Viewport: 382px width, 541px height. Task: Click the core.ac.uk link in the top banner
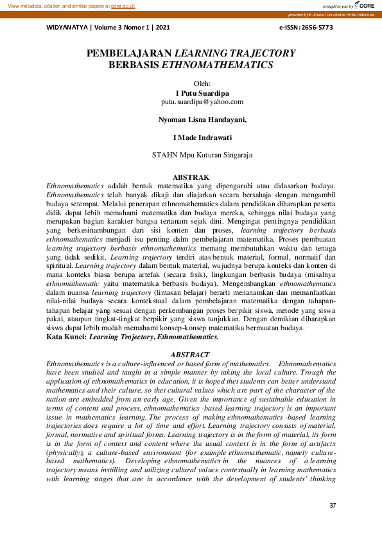tap(123, 5)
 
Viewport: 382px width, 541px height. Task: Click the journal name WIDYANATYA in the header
tap(68, 28)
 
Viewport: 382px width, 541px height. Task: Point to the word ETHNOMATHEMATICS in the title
tap(217, 65)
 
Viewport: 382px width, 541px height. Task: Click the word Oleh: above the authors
tap(202, 84)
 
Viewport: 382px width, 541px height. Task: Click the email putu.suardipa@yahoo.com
tap(202, 102)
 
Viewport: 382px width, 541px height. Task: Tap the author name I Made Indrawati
tap(202, 137)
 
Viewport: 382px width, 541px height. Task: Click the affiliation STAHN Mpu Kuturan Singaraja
tap(202, 155)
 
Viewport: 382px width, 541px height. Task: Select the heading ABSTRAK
tap(191, 177)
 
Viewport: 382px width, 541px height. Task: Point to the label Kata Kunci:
tap(67, 336)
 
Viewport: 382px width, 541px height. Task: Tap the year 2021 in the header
tap(162, 28)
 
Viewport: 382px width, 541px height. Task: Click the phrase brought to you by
tap(338, 6)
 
